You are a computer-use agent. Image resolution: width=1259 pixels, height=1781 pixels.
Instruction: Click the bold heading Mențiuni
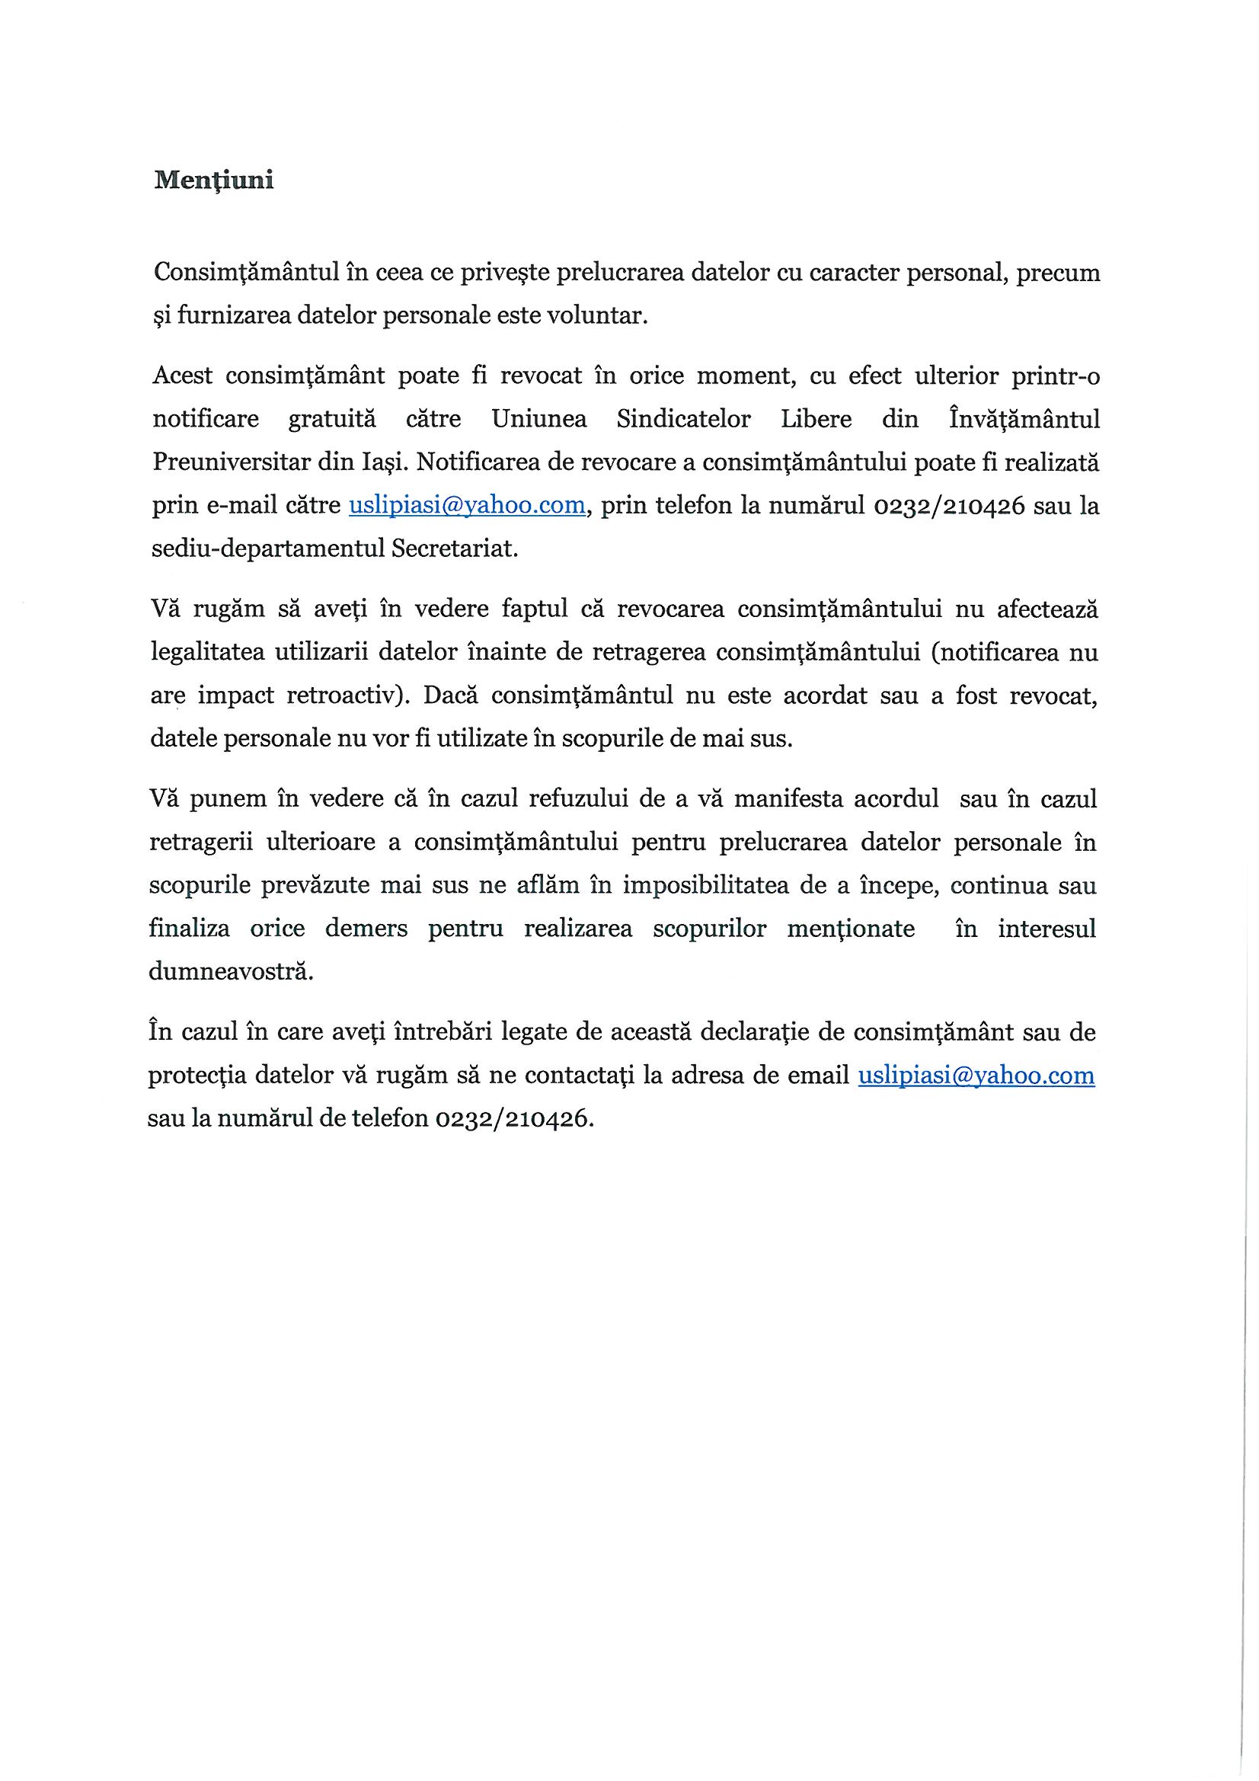point(213,181)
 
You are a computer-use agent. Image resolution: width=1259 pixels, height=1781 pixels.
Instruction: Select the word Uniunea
point(539,420)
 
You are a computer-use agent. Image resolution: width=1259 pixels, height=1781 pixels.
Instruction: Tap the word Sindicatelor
point(683,420)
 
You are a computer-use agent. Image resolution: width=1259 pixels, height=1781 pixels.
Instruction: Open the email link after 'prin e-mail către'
point(467,506)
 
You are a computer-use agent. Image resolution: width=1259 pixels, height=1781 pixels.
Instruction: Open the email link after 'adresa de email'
point(976,1076)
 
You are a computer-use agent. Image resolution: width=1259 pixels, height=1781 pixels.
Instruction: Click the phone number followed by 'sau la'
point(950,506)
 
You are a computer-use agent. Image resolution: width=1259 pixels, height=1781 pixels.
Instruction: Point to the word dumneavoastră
point(230,972)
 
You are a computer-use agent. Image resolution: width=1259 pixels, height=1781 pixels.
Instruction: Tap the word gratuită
point(332,420)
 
